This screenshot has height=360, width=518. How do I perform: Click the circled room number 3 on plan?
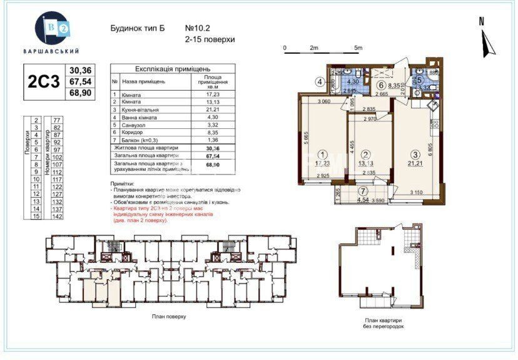[414, 155]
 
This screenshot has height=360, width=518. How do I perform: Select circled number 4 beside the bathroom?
[319, 81]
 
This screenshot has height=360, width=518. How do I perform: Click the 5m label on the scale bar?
[358, 48]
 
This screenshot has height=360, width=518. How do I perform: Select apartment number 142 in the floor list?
[57, 216]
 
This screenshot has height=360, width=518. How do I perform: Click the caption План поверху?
[169, 317]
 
